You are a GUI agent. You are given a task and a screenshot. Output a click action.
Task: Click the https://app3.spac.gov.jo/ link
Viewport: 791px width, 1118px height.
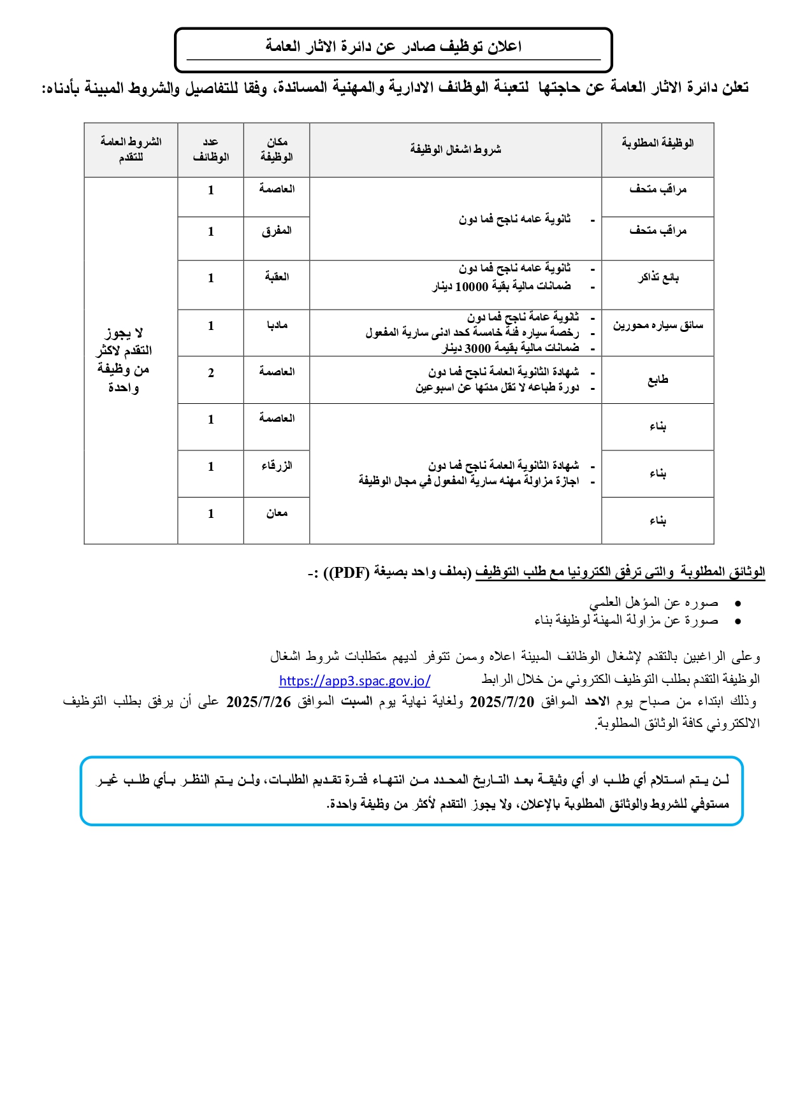(354, 680)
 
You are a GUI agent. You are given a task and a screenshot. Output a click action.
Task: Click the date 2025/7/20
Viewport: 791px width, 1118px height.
(502, 702)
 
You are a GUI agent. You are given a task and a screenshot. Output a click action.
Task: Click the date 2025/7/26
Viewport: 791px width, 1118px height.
(258, 702)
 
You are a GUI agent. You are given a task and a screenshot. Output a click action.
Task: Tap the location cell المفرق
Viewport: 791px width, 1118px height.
(277, 231)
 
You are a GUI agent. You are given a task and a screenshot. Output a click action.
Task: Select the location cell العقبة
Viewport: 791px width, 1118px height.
(277, 277)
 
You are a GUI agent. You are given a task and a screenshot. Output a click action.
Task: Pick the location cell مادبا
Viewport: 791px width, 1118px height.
(277, 326)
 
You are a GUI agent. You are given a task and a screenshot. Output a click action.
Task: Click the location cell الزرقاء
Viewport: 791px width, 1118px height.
(277, 466)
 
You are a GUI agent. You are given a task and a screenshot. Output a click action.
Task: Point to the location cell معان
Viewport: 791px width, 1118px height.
(277, 513)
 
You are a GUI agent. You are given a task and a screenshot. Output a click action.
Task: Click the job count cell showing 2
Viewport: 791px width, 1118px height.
(211, 373)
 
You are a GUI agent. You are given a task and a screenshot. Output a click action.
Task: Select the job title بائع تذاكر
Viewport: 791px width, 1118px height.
(658, 278)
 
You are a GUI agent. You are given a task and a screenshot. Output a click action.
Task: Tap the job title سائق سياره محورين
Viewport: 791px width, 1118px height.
(658, 326)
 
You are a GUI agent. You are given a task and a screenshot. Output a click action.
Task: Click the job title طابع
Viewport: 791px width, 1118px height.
(658, 380)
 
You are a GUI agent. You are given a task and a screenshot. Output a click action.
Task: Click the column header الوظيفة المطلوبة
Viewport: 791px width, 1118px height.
(658, 143)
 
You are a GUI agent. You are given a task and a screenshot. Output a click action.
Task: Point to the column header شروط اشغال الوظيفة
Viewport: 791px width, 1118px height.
(455, 150)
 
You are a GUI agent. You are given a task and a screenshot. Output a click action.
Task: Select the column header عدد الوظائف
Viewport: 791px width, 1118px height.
(211, 150)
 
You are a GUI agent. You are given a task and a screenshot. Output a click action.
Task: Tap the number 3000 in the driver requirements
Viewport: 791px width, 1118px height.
(477, 348)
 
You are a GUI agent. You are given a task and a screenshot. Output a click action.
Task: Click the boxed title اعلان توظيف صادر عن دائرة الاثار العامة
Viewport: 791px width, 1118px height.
(393, 47)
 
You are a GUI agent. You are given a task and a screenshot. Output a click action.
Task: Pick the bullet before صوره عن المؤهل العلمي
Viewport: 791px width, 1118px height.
(737, 603)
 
